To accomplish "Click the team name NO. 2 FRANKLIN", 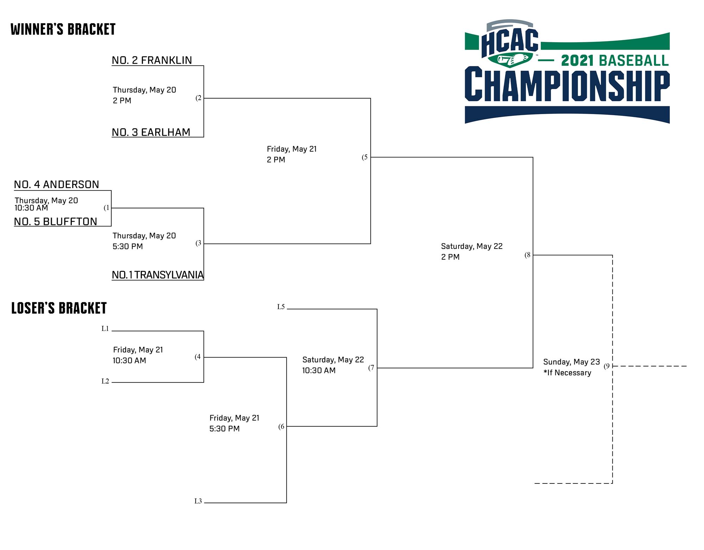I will [152, 60].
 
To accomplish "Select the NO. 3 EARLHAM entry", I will [151, 132].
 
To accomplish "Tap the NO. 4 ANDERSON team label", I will [57, 185].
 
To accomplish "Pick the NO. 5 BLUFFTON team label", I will [56, 221].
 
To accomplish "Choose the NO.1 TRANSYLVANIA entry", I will [158, 275].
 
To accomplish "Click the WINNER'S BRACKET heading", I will [63, 30].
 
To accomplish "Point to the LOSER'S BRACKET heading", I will [59, 308].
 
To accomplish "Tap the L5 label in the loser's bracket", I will [281, 307].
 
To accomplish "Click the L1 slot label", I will [105, 329].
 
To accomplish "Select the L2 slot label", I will [105, 381].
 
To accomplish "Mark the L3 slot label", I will [198, 501].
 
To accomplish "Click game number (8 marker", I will [528, 255].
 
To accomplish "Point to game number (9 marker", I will [607, 366].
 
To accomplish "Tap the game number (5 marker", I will [365, 157].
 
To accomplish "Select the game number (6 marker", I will [281, 427].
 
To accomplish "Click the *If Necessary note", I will [567, 373].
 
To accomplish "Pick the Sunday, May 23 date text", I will [571, 362].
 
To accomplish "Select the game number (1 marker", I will [107, 208].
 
